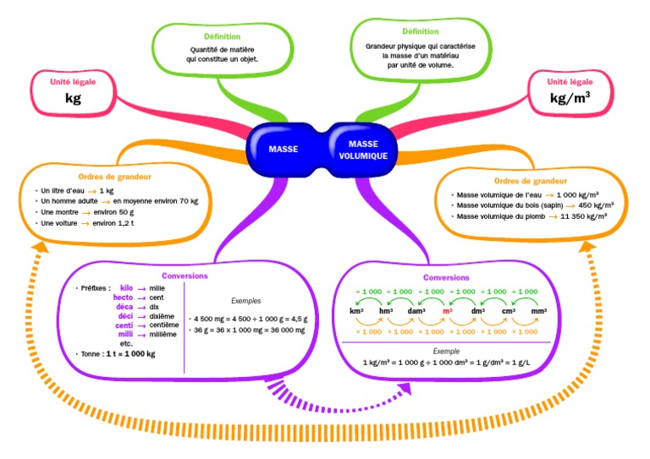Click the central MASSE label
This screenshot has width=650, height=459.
(x=284, y=149)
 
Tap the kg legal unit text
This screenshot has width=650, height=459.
(x=74, y=98)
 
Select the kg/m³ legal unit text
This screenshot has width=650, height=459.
(x=570, y=98)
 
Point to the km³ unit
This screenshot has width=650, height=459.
(x=356, y=311)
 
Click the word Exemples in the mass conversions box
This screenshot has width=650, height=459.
(x=247, y=300)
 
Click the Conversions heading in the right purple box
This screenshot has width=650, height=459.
(x=445, y=277)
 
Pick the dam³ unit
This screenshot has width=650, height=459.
(x=416, y=311)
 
